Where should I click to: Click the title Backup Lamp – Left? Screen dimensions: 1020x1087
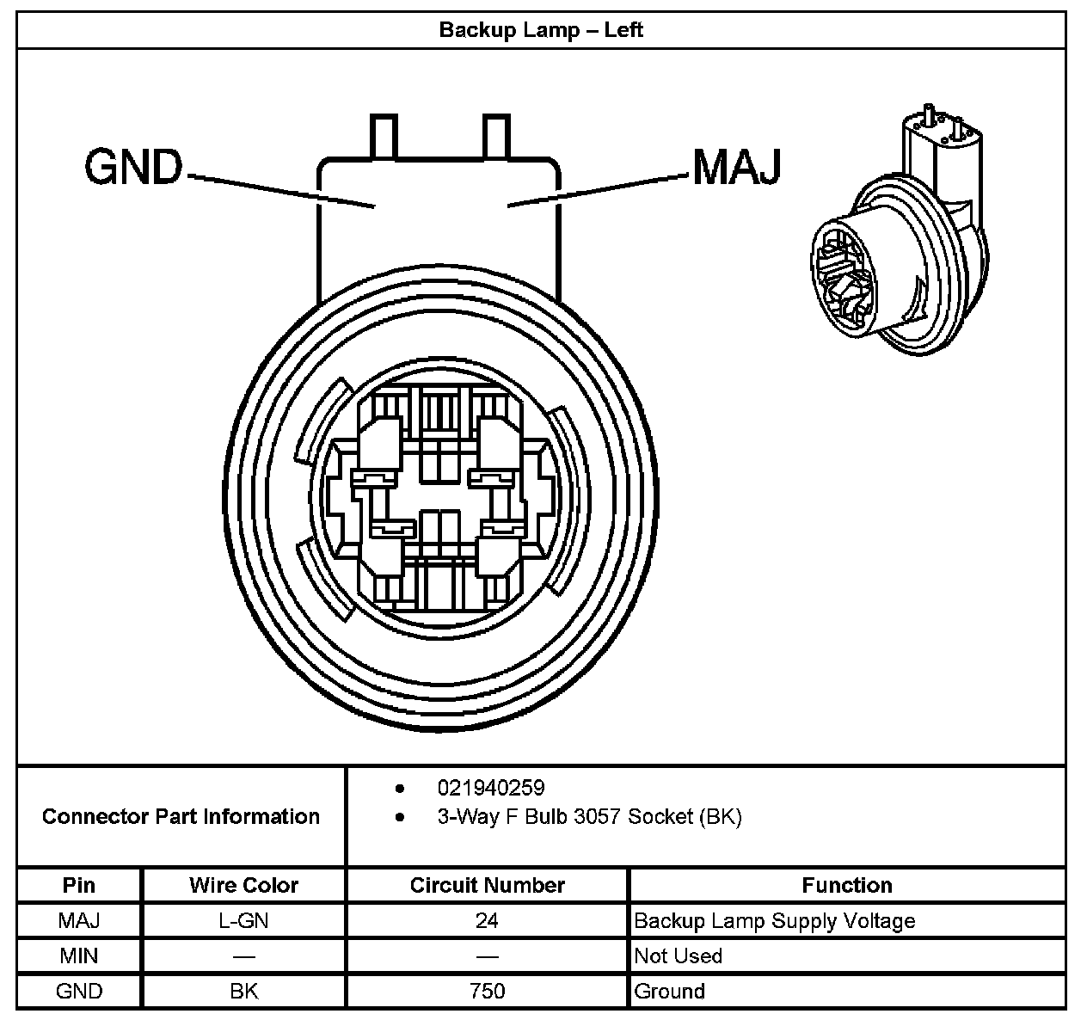tap(541, 30)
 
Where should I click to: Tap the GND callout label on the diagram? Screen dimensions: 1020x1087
tap(133, 167)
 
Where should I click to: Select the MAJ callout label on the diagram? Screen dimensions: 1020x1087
tap(736, 167)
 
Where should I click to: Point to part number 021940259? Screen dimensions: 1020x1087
tap(491, 788)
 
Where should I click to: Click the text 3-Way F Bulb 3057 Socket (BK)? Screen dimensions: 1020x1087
tap(589, 816)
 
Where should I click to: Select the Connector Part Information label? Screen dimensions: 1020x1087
tap(181, 816)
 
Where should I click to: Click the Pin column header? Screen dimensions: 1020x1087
tap(79, 885)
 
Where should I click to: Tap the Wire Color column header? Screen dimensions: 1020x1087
tap(244, 885)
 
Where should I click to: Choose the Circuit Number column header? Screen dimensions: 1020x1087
tap(487, 885)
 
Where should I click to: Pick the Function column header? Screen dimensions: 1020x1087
tap(847, 885)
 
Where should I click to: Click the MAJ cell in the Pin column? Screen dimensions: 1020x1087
tap(79, 920)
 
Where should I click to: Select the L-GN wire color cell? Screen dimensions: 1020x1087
tap(244, 920)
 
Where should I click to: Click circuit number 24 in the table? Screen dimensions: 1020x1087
tap(487, 920)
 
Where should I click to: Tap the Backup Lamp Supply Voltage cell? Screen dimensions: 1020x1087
tap(774, 921)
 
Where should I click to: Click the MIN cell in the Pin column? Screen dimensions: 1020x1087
tap(79, 955)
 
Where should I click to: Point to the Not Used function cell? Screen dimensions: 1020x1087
tap(678, 955)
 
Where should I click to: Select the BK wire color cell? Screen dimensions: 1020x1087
tap(244, 991)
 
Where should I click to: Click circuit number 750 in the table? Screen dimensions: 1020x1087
tap(487, 991)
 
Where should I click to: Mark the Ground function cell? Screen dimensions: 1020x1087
tap(669, 991)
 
